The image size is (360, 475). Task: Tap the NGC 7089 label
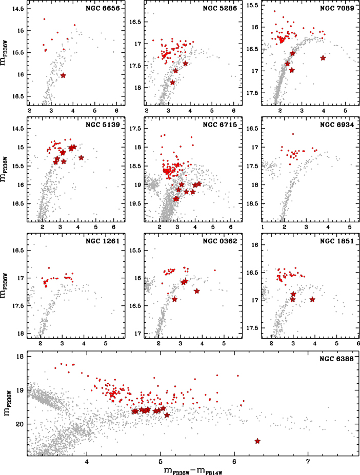click(x=338, y=10)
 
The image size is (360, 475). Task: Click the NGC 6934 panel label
click(x=338, y=125)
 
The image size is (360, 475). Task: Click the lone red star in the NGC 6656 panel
click(x=63, y=75)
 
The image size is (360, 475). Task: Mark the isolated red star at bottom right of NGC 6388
click(x=257, y=441)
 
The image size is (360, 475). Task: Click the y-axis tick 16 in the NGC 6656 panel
click(x=19, y=75)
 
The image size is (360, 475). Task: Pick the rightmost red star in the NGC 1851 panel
click(x=312, y=299)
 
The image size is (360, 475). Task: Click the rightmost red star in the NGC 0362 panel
click(x=197, y=291)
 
